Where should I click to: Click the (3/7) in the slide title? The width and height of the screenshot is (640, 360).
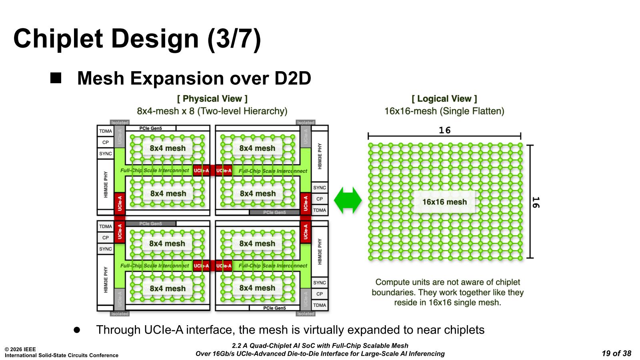[x=234, y=39]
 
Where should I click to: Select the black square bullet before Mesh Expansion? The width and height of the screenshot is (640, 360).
[x=56, y=78]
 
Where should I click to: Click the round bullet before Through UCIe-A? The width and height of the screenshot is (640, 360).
[x=77, y=330]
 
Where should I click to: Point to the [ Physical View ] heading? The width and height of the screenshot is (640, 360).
[x=212, y=99]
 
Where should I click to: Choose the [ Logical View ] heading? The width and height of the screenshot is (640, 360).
[x=444, y=99]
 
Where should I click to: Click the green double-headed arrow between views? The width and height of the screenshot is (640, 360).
[x=348, y=200]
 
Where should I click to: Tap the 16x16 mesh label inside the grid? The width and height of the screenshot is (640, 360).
[x=444, y=202]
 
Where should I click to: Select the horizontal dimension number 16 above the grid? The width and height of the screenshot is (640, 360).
[x=444, y=130]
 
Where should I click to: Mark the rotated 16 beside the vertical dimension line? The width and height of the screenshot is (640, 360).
[x=536, y=202]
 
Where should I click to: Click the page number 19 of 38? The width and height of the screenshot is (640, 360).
[x=616, y=353]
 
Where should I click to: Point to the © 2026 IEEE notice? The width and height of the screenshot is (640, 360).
[x=20, y=349]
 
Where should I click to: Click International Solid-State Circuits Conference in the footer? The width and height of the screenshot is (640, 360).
[x=62, y=355]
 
